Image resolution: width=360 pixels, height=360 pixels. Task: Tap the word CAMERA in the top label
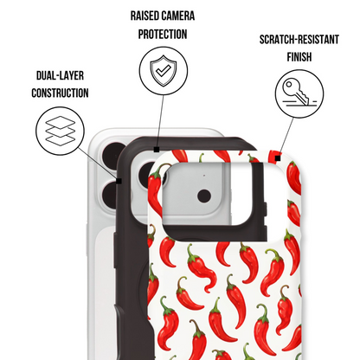pos(178,16)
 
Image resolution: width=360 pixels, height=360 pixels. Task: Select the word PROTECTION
pos(163,35)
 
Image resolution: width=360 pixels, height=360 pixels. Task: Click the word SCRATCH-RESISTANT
pos(299,40)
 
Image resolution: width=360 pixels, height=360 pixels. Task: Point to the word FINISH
pos(299,57)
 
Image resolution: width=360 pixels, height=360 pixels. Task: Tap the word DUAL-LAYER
pos(60,75)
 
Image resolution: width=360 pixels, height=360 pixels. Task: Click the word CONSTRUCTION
pos(60,93)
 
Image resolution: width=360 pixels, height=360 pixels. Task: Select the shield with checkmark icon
pos(164,71)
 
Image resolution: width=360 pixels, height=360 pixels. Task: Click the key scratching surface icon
pos(299,93)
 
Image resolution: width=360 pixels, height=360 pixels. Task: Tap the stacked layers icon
pos(61,131)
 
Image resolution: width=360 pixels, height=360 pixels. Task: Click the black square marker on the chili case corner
pos(278,158)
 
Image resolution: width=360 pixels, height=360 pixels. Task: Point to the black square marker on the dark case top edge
pos(157,149)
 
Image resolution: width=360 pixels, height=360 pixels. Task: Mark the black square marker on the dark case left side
pos(119,181)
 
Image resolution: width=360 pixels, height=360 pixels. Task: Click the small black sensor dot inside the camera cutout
pos(204,196)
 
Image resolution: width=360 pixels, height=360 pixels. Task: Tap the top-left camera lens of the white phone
pos(113,156)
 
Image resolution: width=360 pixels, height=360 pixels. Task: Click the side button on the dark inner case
pos(115,250)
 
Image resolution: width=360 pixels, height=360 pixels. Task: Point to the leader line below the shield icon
pos(160,120)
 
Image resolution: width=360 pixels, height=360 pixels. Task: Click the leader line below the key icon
pos(286,137)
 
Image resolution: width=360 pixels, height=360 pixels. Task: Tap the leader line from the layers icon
pos(97,163)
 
